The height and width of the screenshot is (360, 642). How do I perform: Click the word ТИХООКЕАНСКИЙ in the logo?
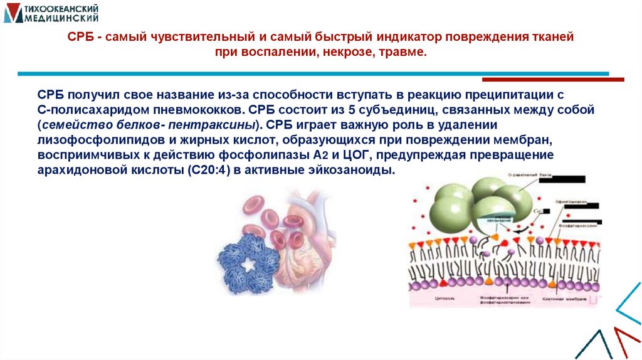[63, 8]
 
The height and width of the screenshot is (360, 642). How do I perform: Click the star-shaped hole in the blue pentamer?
[249, 266]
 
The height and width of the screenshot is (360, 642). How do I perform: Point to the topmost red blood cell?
[255, 204]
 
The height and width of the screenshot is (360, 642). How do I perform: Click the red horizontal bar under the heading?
[553, 80]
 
